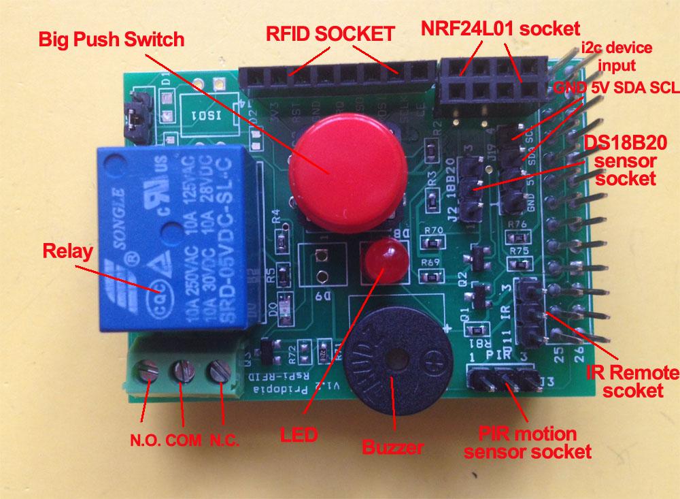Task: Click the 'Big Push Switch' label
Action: click(112, 39)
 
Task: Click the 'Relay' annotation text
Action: click(67, 251)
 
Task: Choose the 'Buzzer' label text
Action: click(393, 447)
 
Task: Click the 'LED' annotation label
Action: click(300, 432)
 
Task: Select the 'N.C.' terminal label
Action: click(224, 439)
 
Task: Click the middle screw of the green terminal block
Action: click(183, 372)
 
